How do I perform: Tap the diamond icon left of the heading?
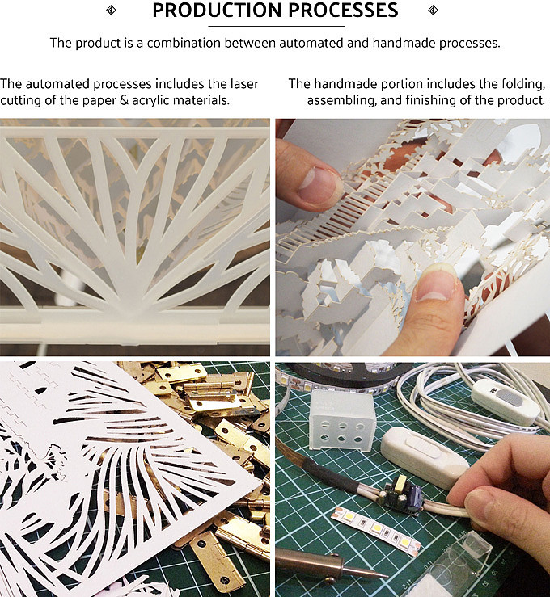click(x=111, y=10)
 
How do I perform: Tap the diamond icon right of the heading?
click(x=433, y=10)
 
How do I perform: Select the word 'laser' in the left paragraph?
click(x=244, y=84)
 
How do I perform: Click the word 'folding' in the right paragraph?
click(x=523, y=84)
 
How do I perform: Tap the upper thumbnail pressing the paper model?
click(x=318, y=186)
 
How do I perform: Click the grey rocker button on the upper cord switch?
click(x=510, y=398)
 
